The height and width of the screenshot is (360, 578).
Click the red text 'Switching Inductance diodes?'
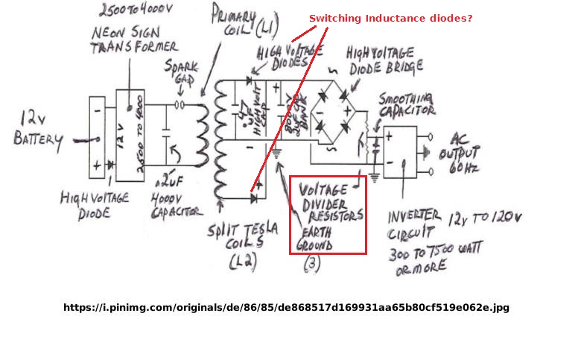[x=390, y=18]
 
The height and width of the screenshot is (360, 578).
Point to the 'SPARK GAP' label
[x=182, y=74]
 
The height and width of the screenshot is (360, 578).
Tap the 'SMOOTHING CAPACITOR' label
[x=407, y=105]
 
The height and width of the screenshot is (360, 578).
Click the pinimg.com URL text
[x=286, y=307]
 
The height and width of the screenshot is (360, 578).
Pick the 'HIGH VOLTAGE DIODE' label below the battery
[x=95, y=204]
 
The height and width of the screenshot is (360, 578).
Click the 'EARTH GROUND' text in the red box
[x=316, y=238]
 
